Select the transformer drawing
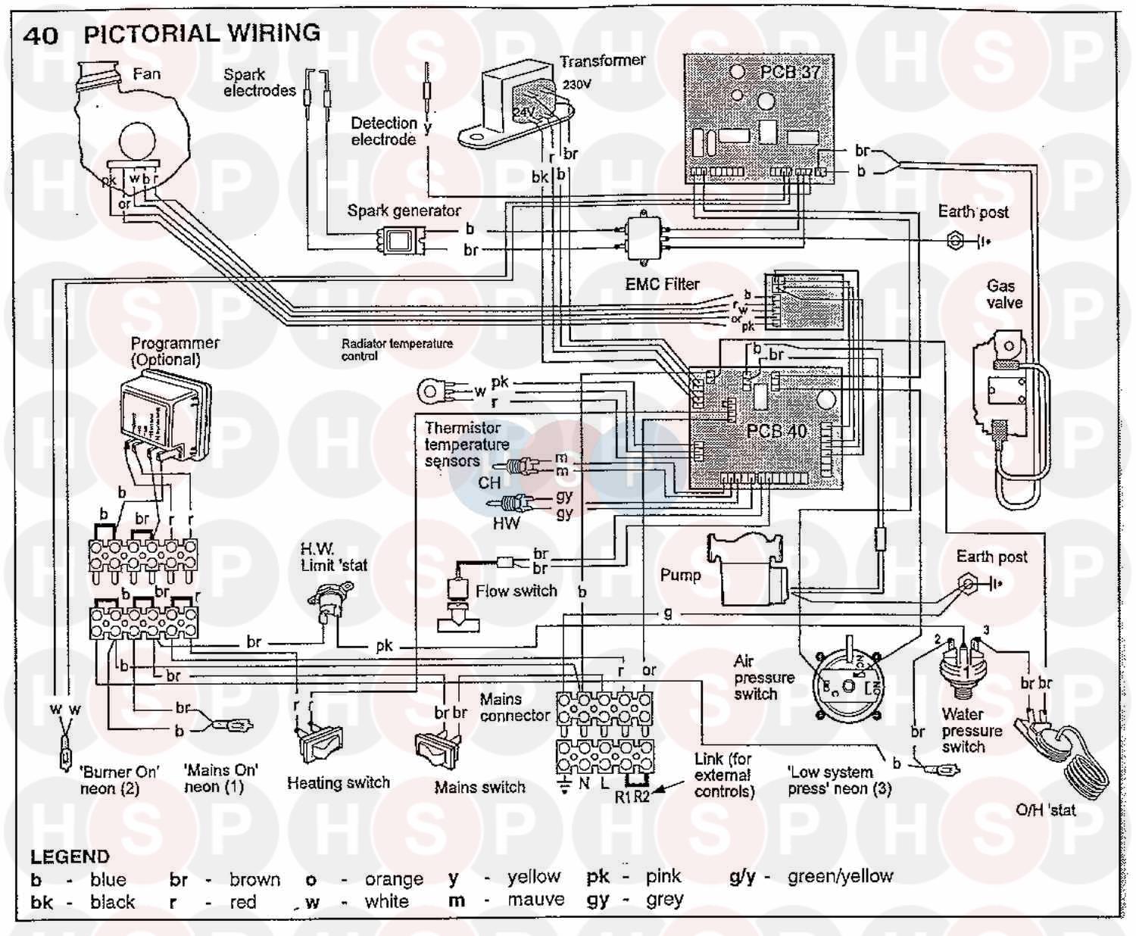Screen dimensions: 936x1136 click(x=515, y=106)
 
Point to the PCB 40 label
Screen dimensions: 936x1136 click(x=776, y=431)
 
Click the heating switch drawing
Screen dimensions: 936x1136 click(x=320, y=742)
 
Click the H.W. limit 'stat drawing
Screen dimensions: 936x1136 click(x=332, y=598)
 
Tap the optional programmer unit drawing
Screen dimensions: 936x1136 click(x=163, y=413)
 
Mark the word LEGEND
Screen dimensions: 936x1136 click(x=70, y=856)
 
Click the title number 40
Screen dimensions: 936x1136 click(x=40, y=35)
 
